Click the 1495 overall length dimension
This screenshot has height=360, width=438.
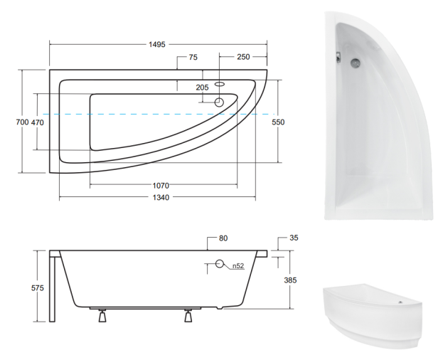[157, 44]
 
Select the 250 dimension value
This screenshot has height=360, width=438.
[243, 57]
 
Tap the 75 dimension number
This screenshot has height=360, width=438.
[193, 57]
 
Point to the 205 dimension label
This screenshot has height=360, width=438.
[202, 88]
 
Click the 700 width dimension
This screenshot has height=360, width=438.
[22, 122]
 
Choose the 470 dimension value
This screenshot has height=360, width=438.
[37, 122]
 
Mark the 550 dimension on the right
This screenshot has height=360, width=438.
[278, 122]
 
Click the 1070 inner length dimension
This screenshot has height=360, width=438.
[161, 185]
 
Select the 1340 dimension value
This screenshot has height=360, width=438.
[161, 198]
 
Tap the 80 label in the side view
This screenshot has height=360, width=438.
[223, 238]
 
